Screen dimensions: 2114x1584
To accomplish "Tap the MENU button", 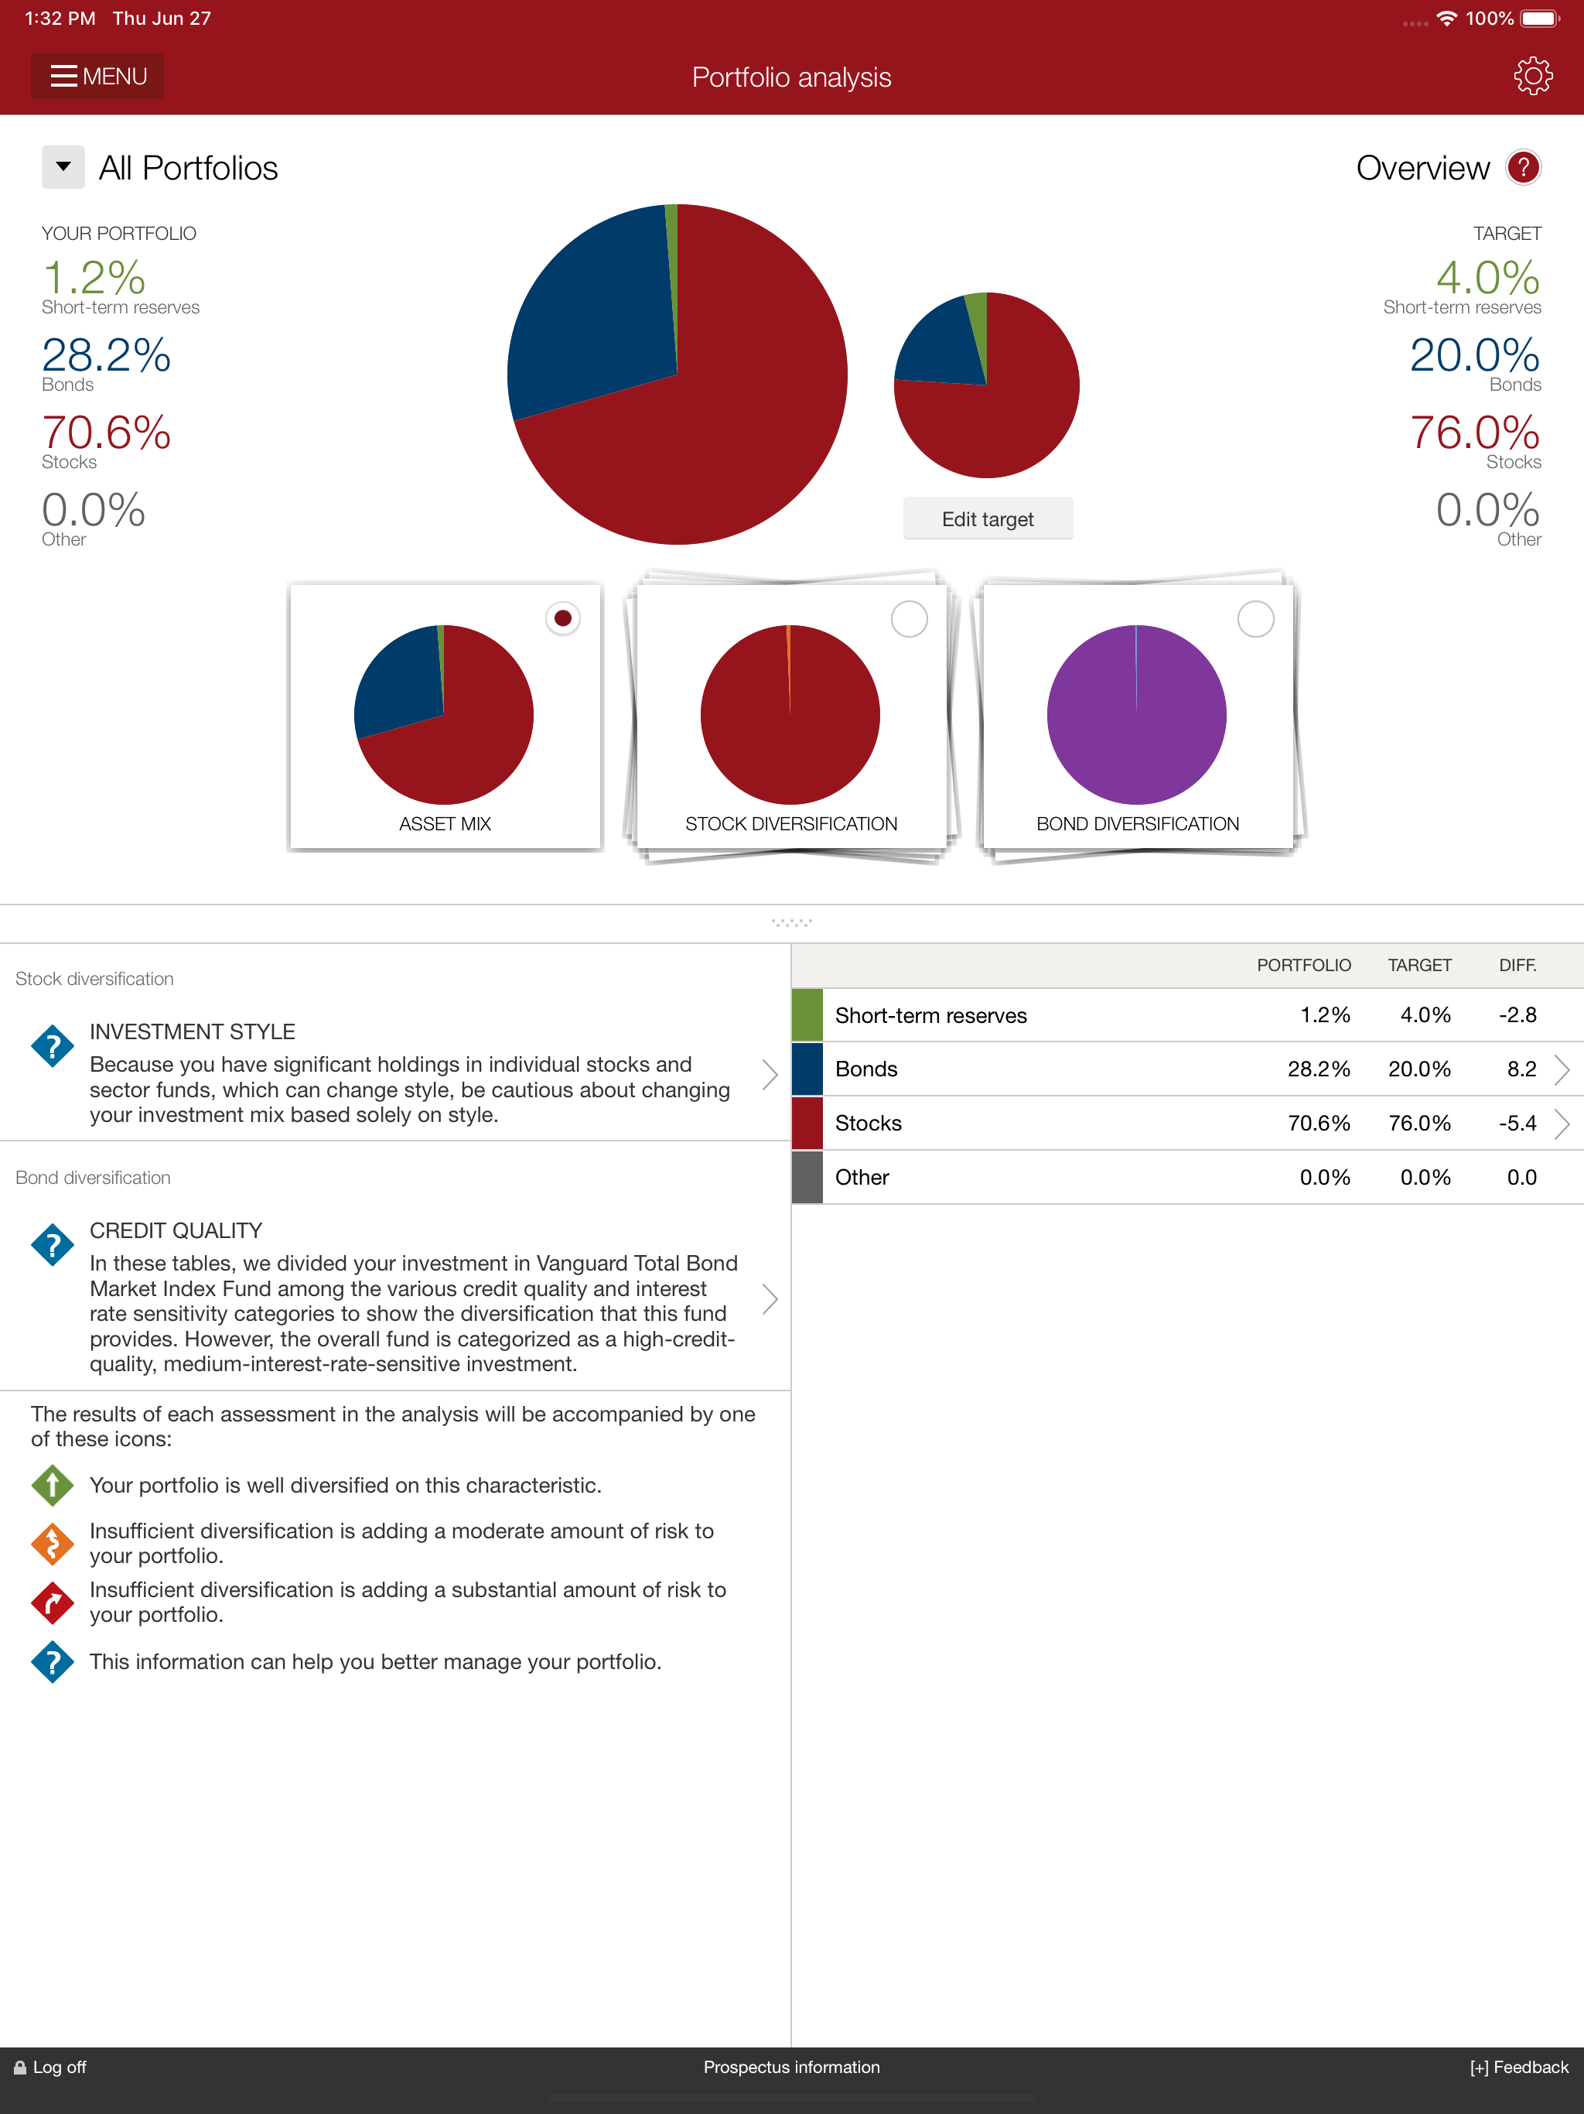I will (97, 77).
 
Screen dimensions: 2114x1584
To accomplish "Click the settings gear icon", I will (1532, 77).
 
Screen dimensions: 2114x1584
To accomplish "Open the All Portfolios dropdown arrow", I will (63, 167).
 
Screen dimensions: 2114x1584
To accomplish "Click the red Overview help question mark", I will (1523, 167).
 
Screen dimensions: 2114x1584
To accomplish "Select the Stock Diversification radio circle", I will (909, 618).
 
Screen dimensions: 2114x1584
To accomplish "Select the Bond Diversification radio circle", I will (1255, 618).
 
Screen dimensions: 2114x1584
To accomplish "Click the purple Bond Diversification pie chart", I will (1136, 714).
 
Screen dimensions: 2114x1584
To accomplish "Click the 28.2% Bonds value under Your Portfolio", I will (106, 355).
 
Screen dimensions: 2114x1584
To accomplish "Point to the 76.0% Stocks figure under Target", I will (1474, 433).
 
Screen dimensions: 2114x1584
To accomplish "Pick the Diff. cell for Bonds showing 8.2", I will (1521, 1069).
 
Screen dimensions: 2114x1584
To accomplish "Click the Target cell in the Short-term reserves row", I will (1425, 1015).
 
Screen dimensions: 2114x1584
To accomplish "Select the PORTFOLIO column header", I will (1303, 965).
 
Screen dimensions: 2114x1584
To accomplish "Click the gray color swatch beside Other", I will (807, 1178).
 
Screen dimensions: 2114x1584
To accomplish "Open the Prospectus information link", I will (791, 2067).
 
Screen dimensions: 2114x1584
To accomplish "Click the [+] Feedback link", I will (1518, 2067).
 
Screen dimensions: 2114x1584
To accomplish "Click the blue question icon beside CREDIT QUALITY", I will (53, 1245).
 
